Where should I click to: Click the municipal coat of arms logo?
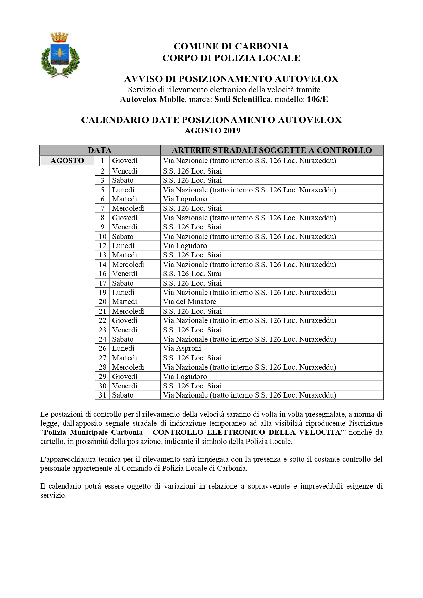(60, 55)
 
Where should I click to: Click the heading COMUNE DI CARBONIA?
(231, 46)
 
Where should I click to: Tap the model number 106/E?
(317, 99)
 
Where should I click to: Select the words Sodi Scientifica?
(242, 99)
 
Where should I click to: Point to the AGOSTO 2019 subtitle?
(212, 131)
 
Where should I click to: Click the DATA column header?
(100, 150)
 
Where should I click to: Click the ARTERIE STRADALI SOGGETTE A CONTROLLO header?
(272, 150)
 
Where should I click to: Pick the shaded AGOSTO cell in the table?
(67, 161)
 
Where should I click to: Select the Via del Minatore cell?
(190, 302)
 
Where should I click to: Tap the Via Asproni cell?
(182, 348)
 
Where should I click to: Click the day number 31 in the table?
(102, 395)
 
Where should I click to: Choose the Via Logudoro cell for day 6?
(185, 199)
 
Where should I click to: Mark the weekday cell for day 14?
(128, 265)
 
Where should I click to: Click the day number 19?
(102, 293)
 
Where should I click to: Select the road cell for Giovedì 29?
(185, 377)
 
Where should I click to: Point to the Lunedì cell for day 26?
(123, 348)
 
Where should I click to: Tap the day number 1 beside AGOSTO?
(102, 161)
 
